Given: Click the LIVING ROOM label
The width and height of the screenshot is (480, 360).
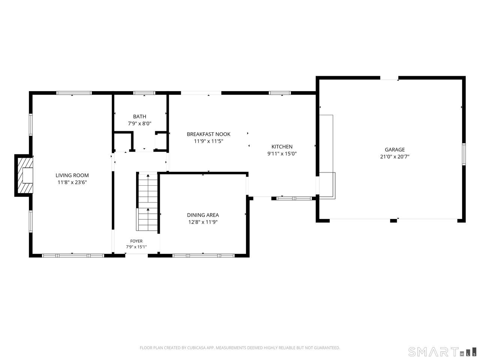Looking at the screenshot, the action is coord(72,175).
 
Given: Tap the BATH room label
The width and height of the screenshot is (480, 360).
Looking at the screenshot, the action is coord(139,117).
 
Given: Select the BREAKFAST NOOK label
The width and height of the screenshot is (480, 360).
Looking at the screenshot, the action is coord(208,134).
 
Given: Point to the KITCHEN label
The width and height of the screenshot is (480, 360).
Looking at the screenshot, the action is coord(282,147).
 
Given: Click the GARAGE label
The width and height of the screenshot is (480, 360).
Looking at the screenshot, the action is coord(395,150).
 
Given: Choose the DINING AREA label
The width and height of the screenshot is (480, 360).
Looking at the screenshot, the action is coord(203,215).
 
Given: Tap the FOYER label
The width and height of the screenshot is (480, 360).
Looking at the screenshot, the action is coord(136,241).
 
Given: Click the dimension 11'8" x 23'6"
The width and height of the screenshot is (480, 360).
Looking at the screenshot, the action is coord(72,182).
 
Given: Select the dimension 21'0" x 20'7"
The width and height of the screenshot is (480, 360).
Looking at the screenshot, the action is coord(395,156).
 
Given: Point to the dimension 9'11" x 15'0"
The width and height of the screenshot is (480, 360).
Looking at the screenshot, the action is coord(282,153).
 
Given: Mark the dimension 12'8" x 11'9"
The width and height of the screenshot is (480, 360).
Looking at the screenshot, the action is coord(203,222).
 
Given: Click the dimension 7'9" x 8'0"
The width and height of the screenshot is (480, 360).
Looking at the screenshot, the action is coord(139,123).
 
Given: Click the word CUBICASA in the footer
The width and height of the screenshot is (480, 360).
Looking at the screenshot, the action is coord(196,348).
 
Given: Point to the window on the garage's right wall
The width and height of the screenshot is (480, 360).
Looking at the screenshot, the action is coord(463,154).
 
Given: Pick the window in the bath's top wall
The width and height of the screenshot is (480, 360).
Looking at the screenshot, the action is coord(144,93).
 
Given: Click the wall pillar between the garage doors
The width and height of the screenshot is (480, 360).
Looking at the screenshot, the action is coord(393,220).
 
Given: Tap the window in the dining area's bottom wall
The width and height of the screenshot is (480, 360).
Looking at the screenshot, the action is coord(204,255).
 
